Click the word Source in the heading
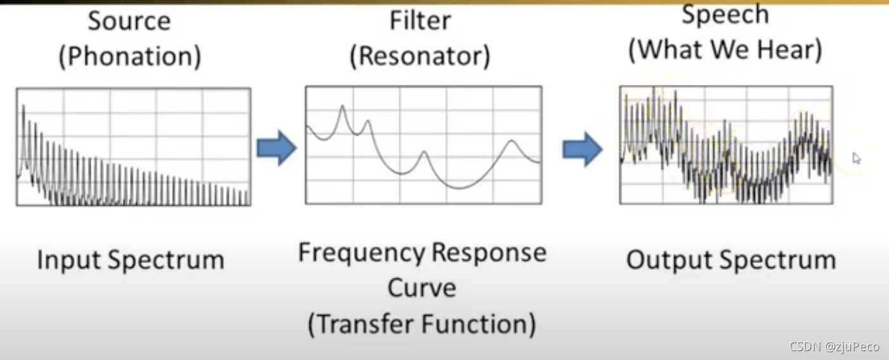[129, 22]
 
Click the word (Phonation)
[130, 57]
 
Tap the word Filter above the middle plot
[420, 20]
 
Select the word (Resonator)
[420, 56]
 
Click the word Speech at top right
[725, 14]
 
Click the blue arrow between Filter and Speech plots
[582, 150]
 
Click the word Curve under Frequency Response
[422, 288]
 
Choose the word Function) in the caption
[488, 325]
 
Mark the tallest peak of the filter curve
[342, 106]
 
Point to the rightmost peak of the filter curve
[512, 141]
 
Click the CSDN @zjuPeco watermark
[834, 347]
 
